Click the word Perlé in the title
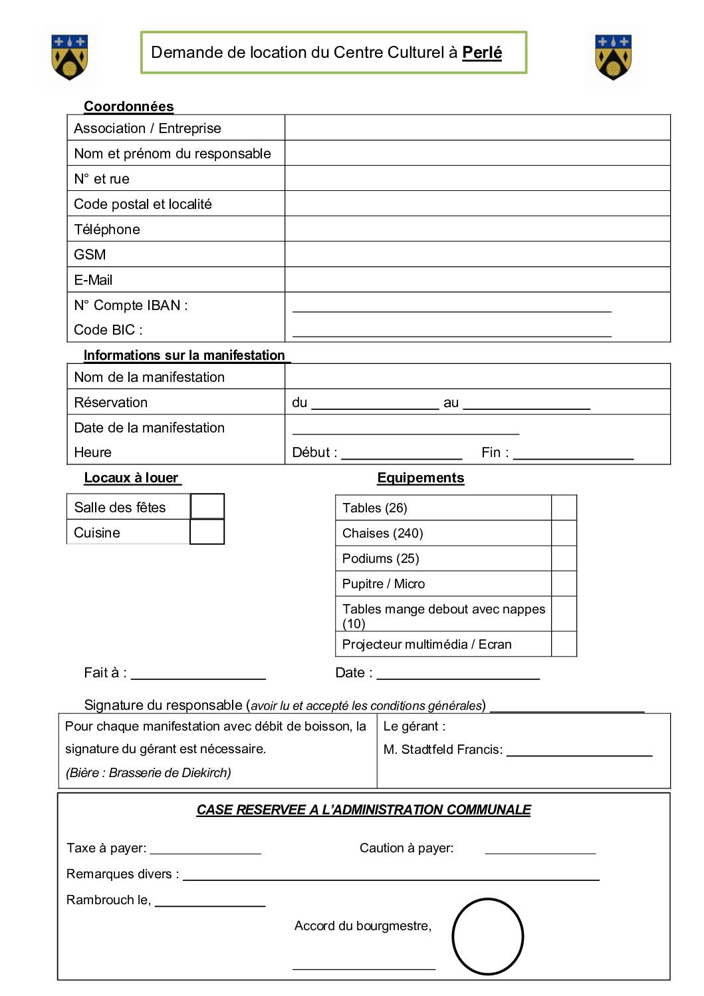coord(482,53)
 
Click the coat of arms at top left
coord(70,57)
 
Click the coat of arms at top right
coord(613,57)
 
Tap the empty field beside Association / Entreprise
coord(477,128)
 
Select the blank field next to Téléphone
coord(477,229)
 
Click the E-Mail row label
coord(93,280)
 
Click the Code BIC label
coord(108,330)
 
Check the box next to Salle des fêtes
coord(207,507)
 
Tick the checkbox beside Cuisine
coord(207,532)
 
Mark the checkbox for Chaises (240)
coord(564,533)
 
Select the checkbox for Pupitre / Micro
coord(564,583)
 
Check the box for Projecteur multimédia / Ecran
coord(564,644)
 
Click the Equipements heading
coord(421,478)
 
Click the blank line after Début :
coord(402,454)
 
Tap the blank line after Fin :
coord(573,454)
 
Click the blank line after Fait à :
coord(198,674)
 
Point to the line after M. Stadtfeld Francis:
coord(579,751)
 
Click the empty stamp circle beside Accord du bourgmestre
coord(488,936)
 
